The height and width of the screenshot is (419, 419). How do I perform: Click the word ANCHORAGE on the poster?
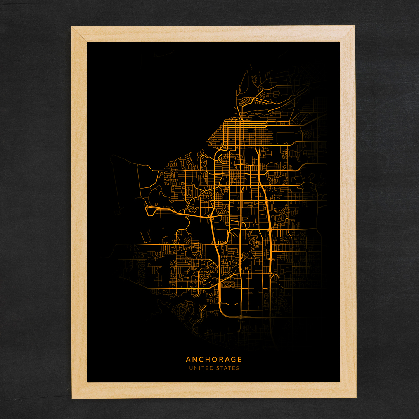pos(214,360)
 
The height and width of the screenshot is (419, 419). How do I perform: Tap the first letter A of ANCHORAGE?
pos(188,360)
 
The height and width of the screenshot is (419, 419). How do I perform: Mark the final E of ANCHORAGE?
pos(239,360)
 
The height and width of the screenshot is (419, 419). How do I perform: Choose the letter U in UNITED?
pos(191,368)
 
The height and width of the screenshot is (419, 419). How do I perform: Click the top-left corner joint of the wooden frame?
pos(80,34)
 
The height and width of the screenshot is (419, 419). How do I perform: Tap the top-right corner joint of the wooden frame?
pos(347,34)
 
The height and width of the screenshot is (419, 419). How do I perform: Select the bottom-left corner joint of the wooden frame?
pos(80,390)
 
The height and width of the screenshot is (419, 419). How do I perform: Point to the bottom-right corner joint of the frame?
pos(348,390)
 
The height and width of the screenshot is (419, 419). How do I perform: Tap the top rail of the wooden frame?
pos(213,34)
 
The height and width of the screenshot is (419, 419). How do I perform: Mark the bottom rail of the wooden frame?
pos(213,390)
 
